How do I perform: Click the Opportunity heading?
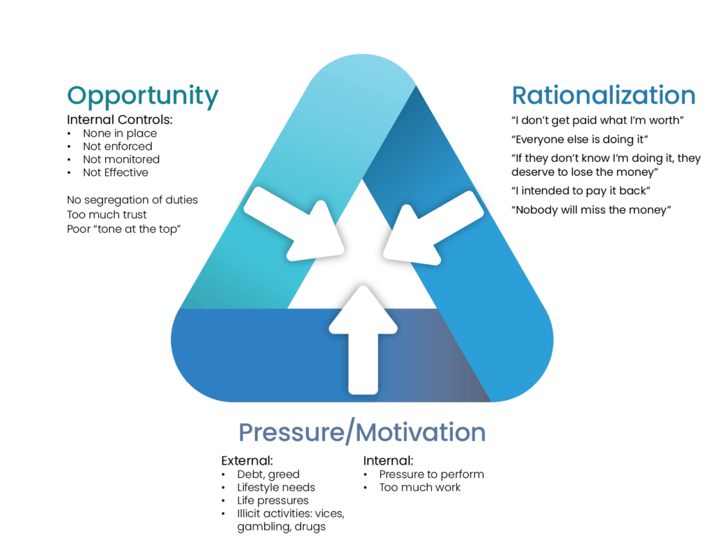[x=142, y=96]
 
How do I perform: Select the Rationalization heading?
[x=604, y=96]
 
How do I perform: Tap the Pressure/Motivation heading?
[x=362, y=432]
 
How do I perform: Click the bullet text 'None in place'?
[x=120, y=133]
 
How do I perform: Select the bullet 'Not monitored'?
[x=121, y=159]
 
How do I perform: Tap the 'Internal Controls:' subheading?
[x=119, y=120]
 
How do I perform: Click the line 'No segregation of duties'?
[x=132, y=200]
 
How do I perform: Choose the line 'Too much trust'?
[x=106, y=214]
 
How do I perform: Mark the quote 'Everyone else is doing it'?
[x=584, y=139]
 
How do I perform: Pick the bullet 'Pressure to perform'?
[x=431, y=474]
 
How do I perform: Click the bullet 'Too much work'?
[x=420, y=487]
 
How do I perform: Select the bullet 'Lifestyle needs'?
[x=276, y=487]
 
